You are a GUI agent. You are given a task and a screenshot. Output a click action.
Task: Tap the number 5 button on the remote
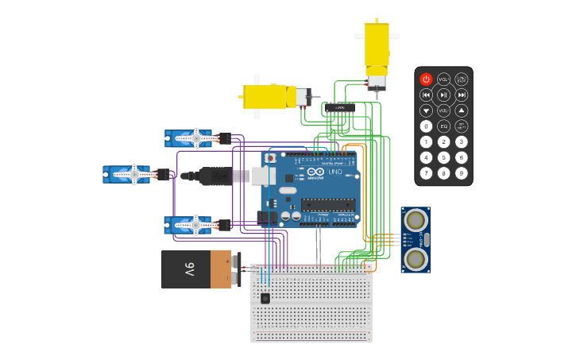443,157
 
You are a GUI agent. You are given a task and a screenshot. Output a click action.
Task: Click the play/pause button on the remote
443,95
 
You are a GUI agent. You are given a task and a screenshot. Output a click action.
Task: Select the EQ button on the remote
443,126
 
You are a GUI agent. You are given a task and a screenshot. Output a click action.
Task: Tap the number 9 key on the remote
462,172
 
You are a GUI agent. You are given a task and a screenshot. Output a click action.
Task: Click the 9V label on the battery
189,269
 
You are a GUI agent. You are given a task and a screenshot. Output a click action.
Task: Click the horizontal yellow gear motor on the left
269,97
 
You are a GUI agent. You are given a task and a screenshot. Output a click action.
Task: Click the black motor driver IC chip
340,107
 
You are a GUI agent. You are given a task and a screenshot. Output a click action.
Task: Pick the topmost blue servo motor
188,138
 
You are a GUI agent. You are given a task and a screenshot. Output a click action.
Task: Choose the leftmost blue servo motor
126,174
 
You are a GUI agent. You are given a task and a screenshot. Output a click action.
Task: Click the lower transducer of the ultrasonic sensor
415,258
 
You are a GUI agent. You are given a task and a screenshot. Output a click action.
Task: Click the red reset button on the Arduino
270,158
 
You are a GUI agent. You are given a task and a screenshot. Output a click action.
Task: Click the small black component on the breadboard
265,298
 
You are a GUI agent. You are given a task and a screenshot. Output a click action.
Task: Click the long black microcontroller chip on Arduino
327,204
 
